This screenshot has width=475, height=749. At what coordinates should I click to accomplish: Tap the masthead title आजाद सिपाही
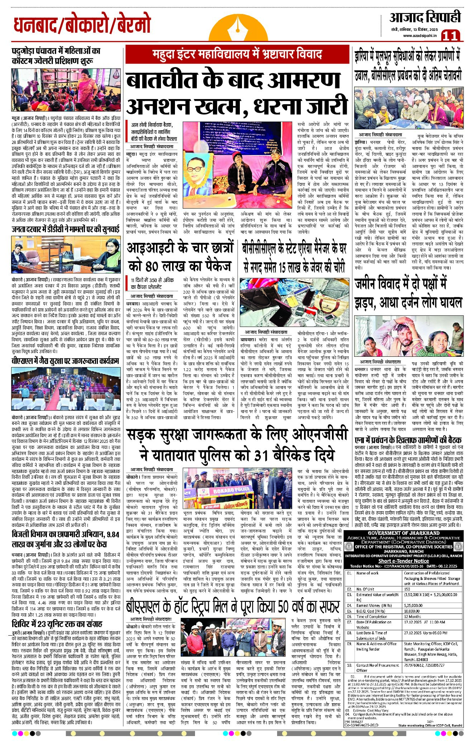point(425,17)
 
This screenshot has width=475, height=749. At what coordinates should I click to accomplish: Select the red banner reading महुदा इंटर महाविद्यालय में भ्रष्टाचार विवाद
point(237,55)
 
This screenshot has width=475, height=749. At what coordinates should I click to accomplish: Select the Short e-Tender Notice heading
point(403,561)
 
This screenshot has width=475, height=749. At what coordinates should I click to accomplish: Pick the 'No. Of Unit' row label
point(365,589)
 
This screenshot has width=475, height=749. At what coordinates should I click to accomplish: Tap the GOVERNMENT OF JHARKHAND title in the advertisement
point(403,533)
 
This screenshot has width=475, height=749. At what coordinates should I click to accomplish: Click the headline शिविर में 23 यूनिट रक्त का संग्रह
point(57,623)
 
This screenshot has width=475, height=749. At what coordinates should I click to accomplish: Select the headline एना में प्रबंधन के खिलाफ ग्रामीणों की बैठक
point(408,440)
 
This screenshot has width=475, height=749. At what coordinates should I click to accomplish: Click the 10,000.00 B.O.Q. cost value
point(412,611)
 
